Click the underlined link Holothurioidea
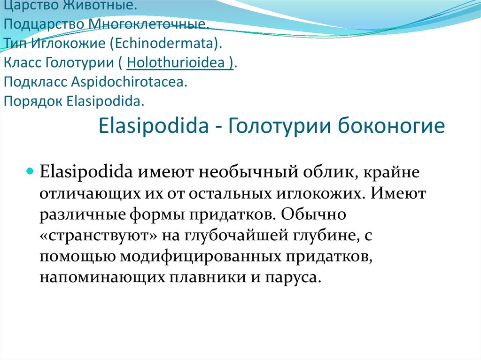(x=180, y=63)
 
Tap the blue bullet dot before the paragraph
(x=30, y=170)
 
